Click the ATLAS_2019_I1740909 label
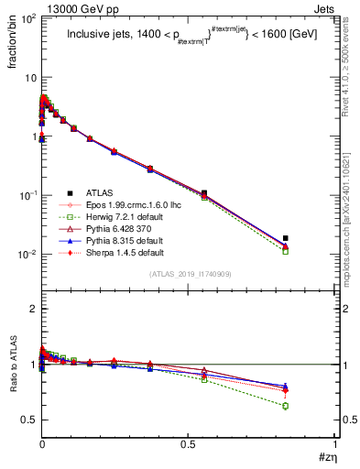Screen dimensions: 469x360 (x=190, y=274)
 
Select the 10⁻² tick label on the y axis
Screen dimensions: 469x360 (x=25, y=254)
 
